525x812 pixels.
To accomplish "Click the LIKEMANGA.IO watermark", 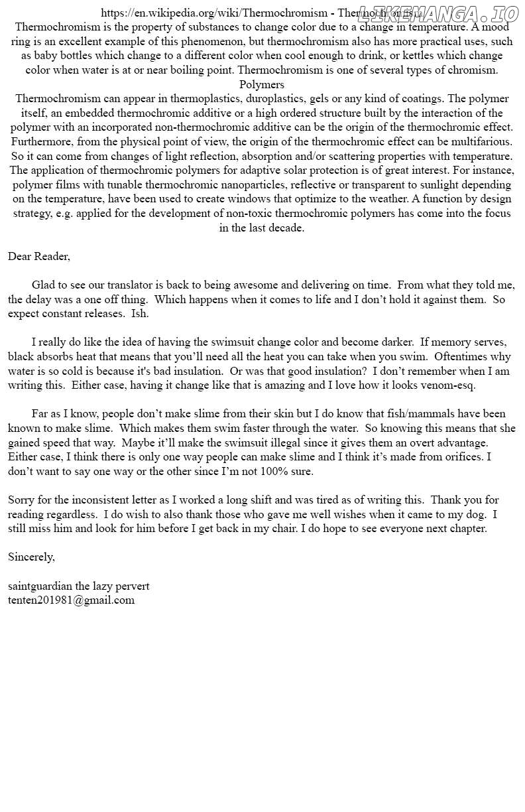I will pos(437,14).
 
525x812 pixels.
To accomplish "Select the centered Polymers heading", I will pos(262,84).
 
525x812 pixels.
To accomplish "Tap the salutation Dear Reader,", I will pos(39,256).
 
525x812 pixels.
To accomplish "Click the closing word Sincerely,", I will pos(31,557).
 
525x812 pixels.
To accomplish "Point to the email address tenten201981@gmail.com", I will pos(71,600).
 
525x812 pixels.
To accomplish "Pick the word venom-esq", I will pos(450,385).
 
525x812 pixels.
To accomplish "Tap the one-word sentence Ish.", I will pos(140,314).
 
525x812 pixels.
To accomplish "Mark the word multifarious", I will pos(481,142).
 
